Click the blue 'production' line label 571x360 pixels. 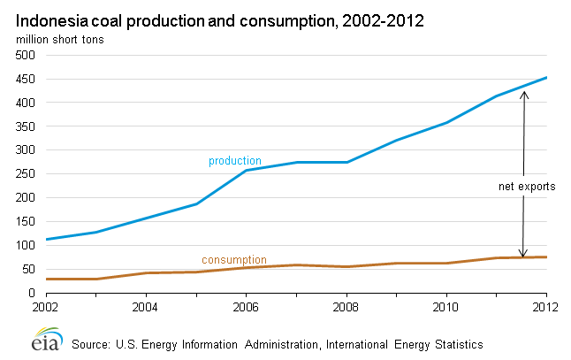click(234, 161)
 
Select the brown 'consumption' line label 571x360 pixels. click(233, 260)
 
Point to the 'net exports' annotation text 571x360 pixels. click(525, 188)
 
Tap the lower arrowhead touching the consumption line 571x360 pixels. click(522, 254)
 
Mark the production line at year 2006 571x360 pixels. click(245, 170)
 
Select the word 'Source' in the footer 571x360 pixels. click(95, 343)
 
